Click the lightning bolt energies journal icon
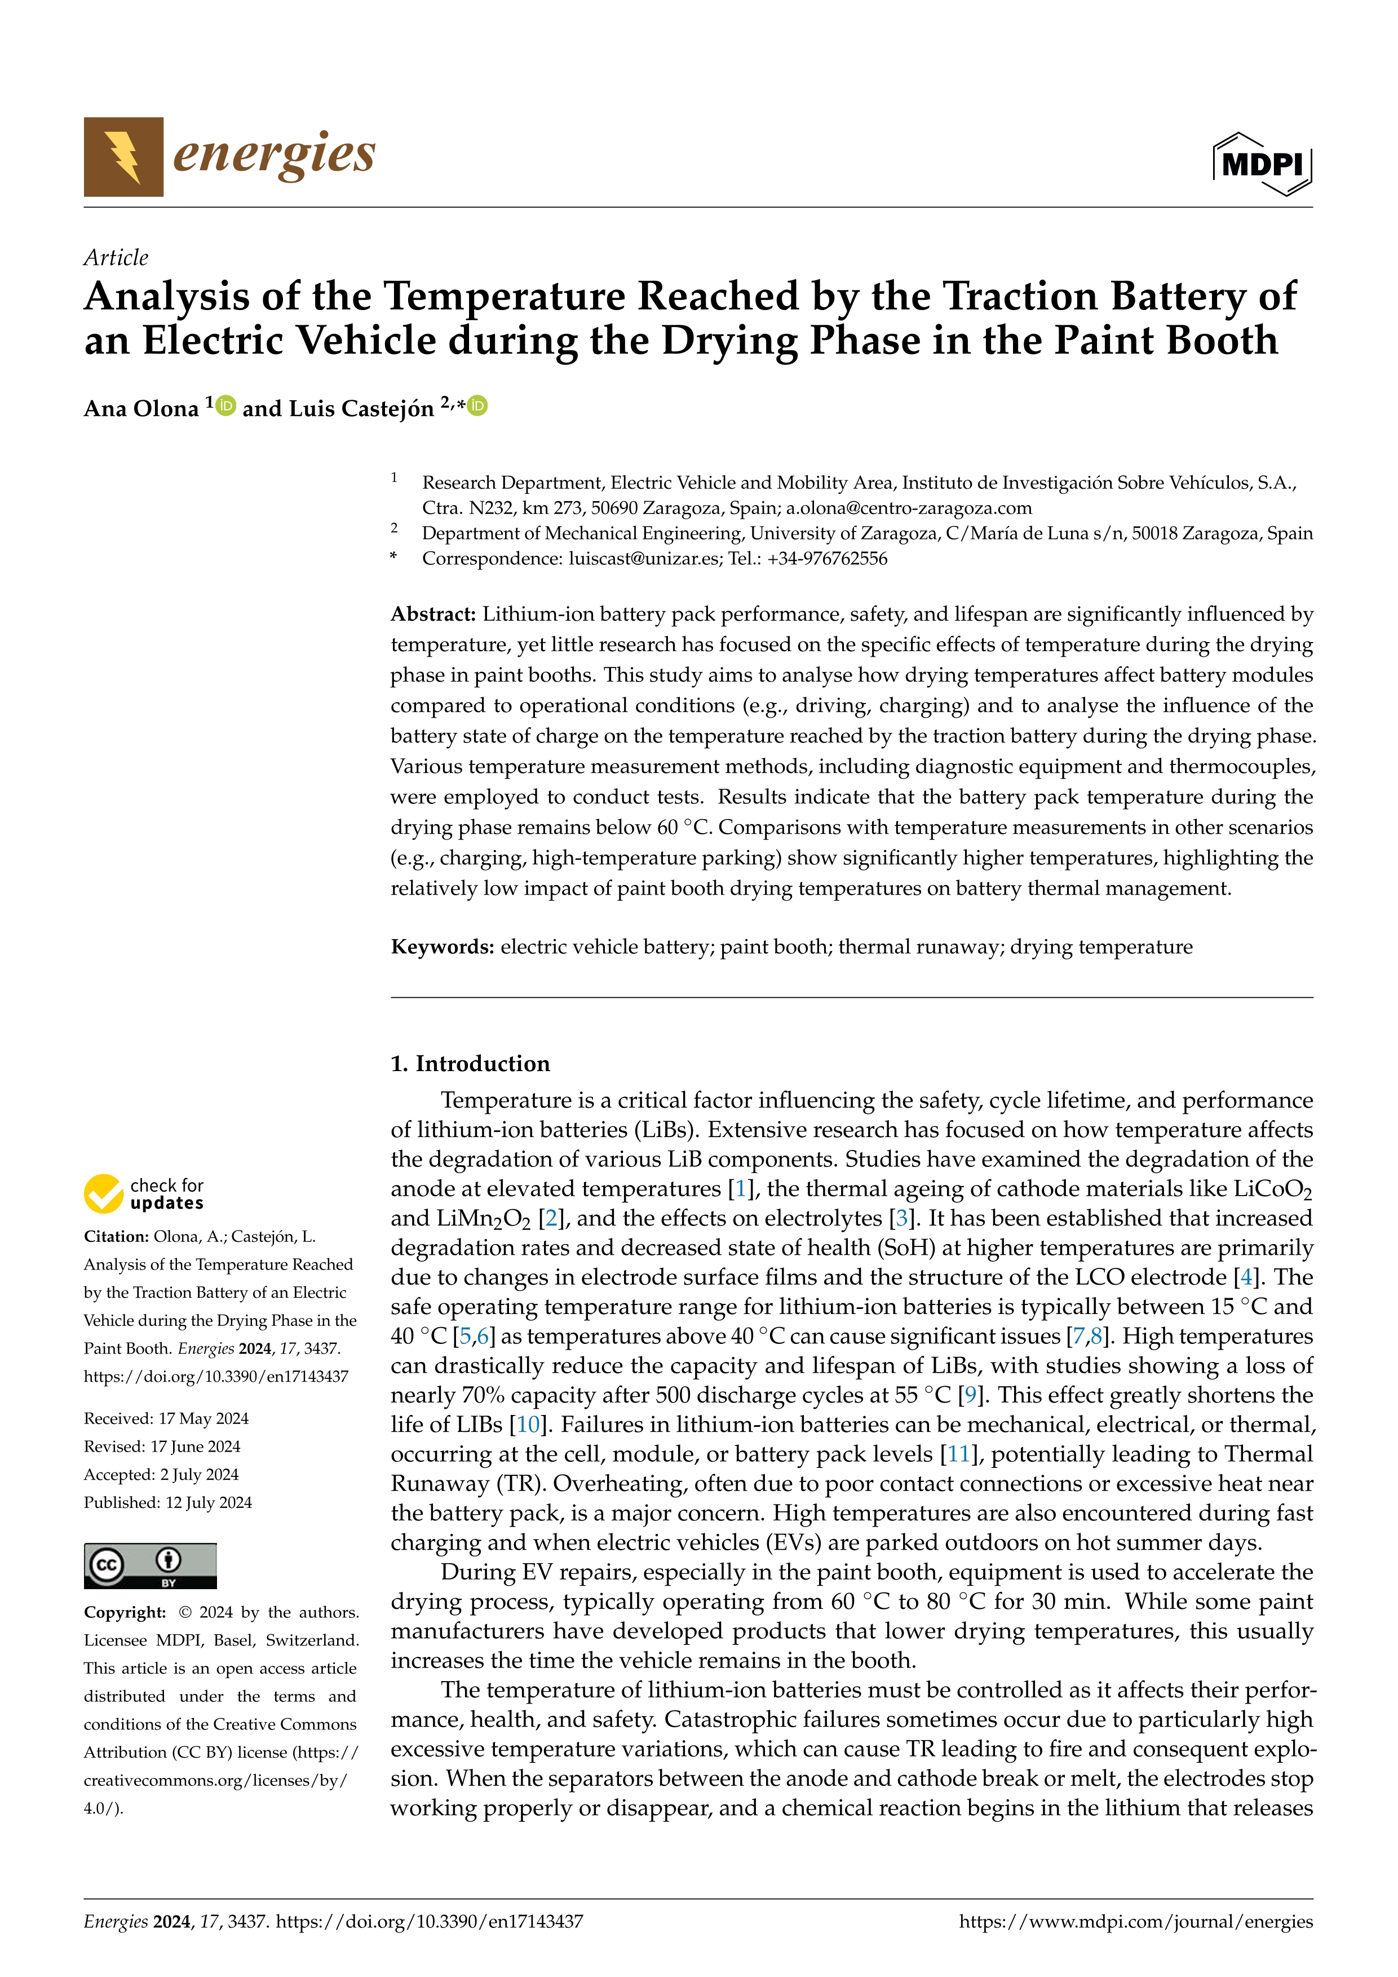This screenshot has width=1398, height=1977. point(123,157)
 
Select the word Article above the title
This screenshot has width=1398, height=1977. point(116,258)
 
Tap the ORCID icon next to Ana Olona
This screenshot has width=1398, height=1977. point(225,405)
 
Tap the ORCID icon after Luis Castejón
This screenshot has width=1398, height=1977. point(478,405)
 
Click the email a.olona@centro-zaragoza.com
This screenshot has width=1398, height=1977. point(908,508)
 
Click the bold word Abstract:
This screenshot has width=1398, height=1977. point(433,614)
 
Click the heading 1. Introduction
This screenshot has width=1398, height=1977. point(470,1063)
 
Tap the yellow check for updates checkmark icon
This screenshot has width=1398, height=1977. point(103,1193)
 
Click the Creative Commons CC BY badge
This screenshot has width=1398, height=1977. point(150,1565)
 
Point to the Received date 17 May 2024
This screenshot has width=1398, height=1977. point(166,1418)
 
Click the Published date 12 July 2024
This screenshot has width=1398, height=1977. point(168,1502)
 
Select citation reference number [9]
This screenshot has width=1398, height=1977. point(970,1395)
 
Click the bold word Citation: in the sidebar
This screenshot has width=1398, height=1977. point(116,1236)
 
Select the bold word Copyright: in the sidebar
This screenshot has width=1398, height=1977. point(125,1612)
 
